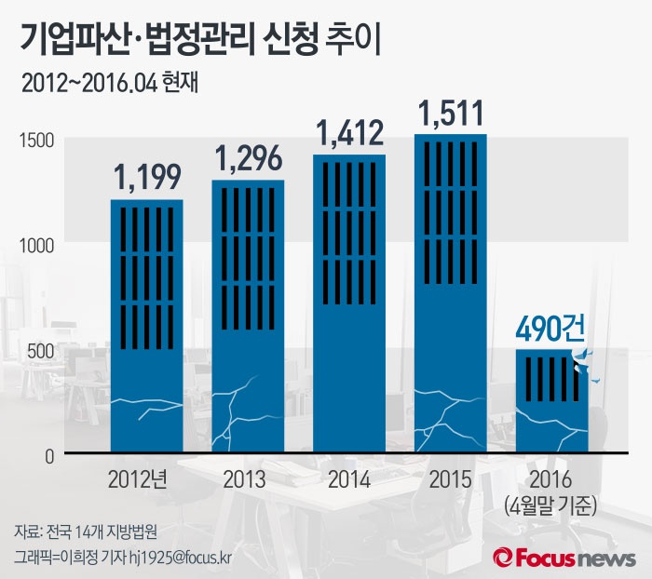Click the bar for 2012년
147,326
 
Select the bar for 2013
248,316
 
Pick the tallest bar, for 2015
451,294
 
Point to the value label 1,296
249,157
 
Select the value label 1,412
349,134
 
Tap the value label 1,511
451,114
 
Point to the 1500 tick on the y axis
34,139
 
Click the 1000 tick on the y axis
34,244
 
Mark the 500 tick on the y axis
38,349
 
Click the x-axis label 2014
349,479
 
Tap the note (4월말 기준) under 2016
551,506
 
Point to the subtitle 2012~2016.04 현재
113,82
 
